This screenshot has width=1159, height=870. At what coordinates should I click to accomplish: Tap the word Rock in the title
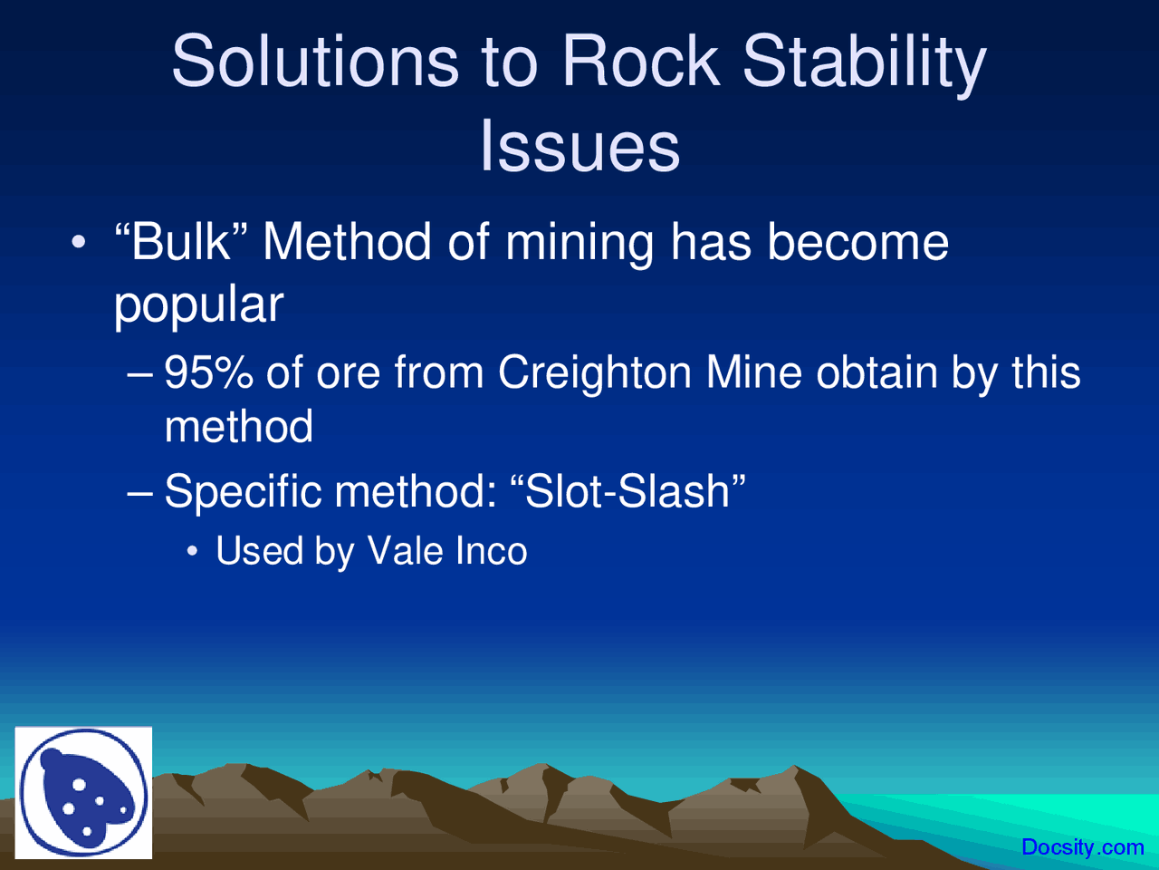click(x=638, y=62)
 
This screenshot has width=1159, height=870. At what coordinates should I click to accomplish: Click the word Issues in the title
click(x=579, y=146)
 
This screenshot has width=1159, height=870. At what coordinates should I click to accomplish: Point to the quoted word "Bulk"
click(x=181, y=242)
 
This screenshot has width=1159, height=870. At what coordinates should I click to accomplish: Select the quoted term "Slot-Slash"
click(x=628, y=491)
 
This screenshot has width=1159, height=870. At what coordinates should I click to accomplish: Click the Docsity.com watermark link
click(x=1082, y=847)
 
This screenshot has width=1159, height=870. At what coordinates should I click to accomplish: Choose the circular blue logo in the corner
click(x=83, y=793)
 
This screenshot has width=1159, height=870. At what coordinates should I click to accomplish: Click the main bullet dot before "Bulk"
click(x=80, y=243)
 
